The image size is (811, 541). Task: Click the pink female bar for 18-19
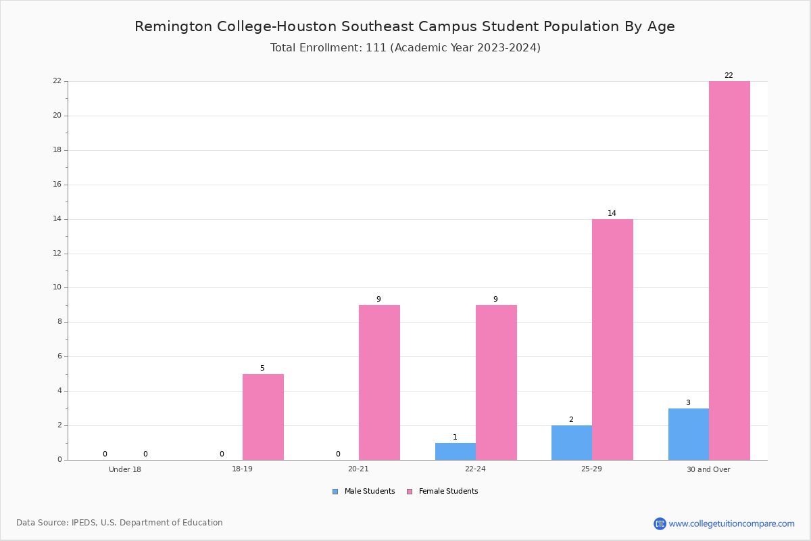click(263, 417)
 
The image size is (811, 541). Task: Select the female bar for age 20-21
click(379, 383)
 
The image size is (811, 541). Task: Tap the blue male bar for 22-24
click(456, 452)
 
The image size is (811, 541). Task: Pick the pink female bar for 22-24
click(496, 383)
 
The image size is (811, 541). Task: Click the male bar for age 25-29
click(572, 443)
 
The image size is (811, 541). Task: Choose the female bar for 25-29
click(612, 339)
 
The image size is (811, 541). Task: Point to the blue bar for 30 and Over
click(689, 434)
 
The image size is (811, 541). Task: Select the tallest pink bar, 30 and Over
click(729, 270)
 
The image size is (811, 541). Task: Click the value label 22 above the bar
click(729, 75)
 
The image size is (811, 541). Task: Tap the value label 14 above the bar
click(612, 213)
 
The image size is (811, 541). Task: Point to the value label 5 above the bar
click(262, 368)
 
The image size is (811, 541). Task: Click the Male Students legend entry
click(364, 492)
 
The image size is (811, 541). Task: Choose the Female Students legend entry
click(443, 492)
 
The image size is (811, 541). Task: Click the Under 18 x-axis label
click(125, 469)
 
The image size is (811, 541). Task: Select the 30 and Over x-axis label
click(708, 469)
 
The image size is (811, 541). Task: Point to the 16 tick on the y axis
click(57, 185)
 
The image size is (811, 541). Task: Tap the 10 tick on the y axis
click(57, 287)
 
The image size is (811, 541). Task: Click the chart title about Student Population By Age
click(405, 26)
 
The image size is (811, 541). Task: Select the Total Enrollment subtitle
click(405, 47)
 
